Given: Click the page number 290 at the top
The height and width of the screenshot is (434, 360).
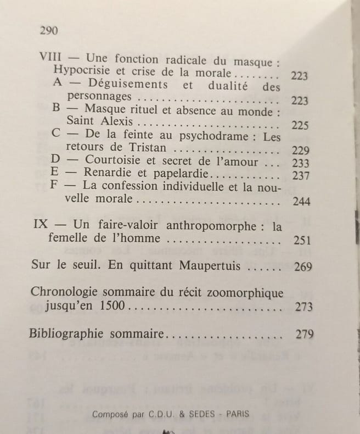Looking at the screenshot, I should [49, 30].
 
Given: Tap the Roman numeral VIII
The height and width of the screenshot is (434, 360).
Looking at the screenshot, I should [50, 59].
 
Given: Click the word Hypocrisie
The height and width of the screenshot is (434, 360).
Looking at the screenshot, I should [83, 73].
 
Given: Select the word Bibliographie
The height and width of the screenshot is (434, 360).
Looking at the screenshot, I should [66, 333].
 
